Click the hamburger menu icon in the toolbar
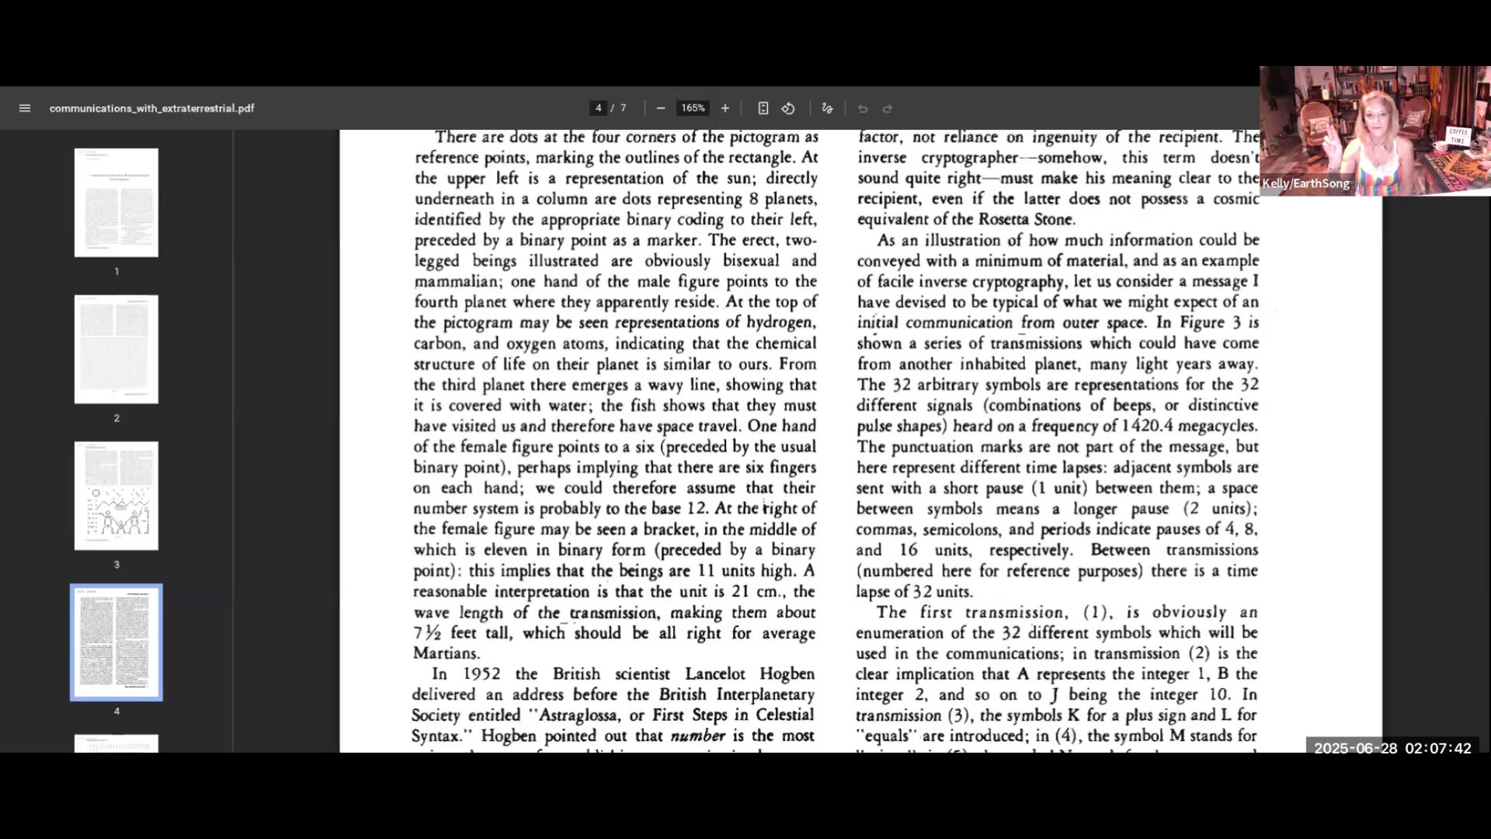pyautogui.click(x=25, y=108)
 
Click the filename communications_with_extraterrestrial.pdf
pyautogui.click(x=151, y=108)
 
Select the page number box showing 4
pyautogui.click(x=598, y=108)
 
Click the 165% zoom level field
pyautogui.click(x=693, y=108)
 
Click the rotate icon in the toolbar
pyautogui.click(x=788, y=108)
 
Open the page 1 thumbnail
pyautogui.click(x=116, y=203)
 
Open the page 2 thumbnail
pyautogui.click(x=116, y=349)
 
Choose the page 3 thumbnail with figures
pyautogui.click(x=116, y=496)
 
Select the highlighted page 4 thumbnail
pyautogui.click(x=116, y=642)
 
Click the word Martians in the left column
pyautogui.click(x=446, y=653)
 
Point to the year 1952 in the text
pyautogui.click(x=481, y=674)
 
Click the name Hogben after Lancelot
pyautogui.click(x=787, y=674)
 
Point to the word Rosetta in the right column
pyautogui.click(x=1006, y=219)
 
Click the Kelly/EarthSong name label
pyautogui.click(x=1306, y=183)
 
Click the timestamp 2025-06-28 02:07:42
pyautogui.click(x=1392, y=748)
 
